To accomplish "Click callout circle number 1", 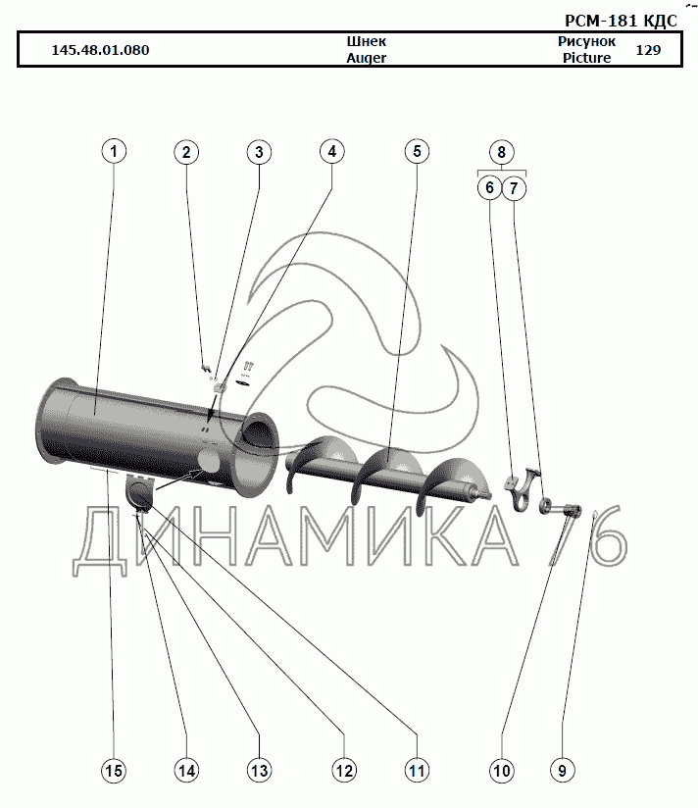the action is pos(115,152).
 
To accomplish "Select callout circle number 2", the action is pos(187,152).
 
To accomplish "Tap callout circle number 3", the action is pos(258,152).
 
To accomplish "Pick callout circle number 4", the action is pos(332,152).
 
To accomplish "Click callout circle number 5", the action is pos(416,152).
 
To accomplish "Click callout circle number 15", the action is pos(114,771).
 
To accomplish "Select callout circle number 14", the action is pos(186,771).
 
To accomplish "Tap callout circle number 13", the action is pos(258,771).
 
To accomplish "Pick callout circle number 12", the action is pos(343,771).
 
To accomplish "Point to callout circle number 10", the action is pos(501,771).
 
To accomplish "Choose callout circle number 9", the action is pos(562,771).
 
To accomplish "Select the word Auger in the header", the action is pos(367,58).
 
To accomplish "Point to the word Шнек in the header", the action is pos(367,42).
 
